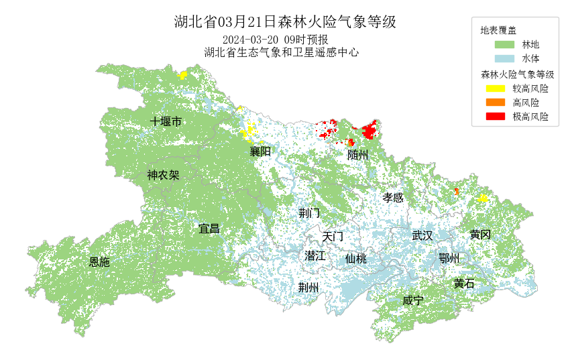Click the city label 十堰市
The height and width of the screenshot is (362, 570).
(166, 121)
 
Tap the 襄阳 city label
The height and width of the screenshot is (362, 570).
(260, 152)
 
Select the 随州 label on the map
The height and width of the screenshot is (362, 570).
(358, 155)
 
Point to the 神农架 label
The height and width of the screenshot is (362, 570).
(163, 176)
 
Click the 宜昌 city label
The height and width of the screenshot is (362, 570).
(209, 229)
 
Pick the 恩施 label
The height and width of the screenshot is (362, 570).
(99, 262)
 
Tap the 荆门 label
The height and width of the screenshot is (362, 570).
(309, 213)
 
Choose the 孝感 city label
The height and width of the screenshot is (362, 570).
(393, 198)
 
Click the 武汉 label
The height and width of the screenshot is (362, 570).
(422, 235)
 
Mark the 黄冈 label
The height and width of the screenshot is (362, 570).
(480, 235)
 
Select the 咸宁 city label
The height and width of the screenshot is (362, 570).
(412, 300)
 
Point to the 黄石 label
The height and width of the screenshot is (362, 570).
(463, 284)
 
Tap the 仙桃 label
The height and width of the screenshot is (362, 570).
(356, 259)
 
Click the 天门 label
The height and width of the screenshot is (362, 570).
(333, 237)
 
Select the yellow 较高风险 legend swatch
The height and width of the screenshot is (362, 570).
(495, 88)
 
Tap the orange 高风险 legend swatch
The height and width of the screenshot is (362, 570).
(495, 103)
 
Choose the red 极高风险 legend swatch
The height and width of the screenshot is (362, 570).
(495, 117)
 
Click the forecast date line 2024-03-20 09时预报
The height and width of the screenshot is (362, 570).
(275, 39)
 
